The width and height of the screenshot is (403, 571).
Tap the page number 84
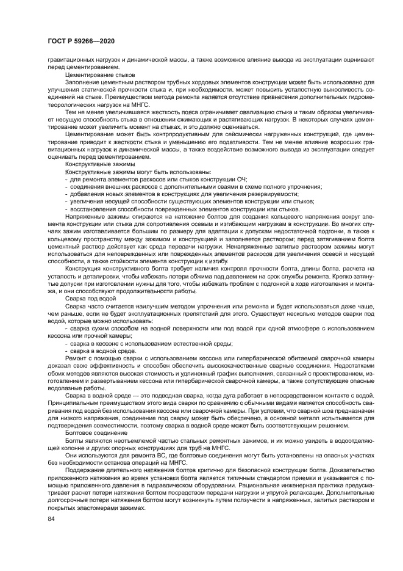(51, 518)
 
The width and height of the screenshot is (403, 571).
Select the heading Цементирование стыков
(95, 74)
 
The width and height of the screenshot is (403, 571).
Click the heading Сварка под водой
(90, 298)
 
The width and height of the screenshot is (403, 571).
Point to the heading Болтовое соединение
(93, 432)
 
